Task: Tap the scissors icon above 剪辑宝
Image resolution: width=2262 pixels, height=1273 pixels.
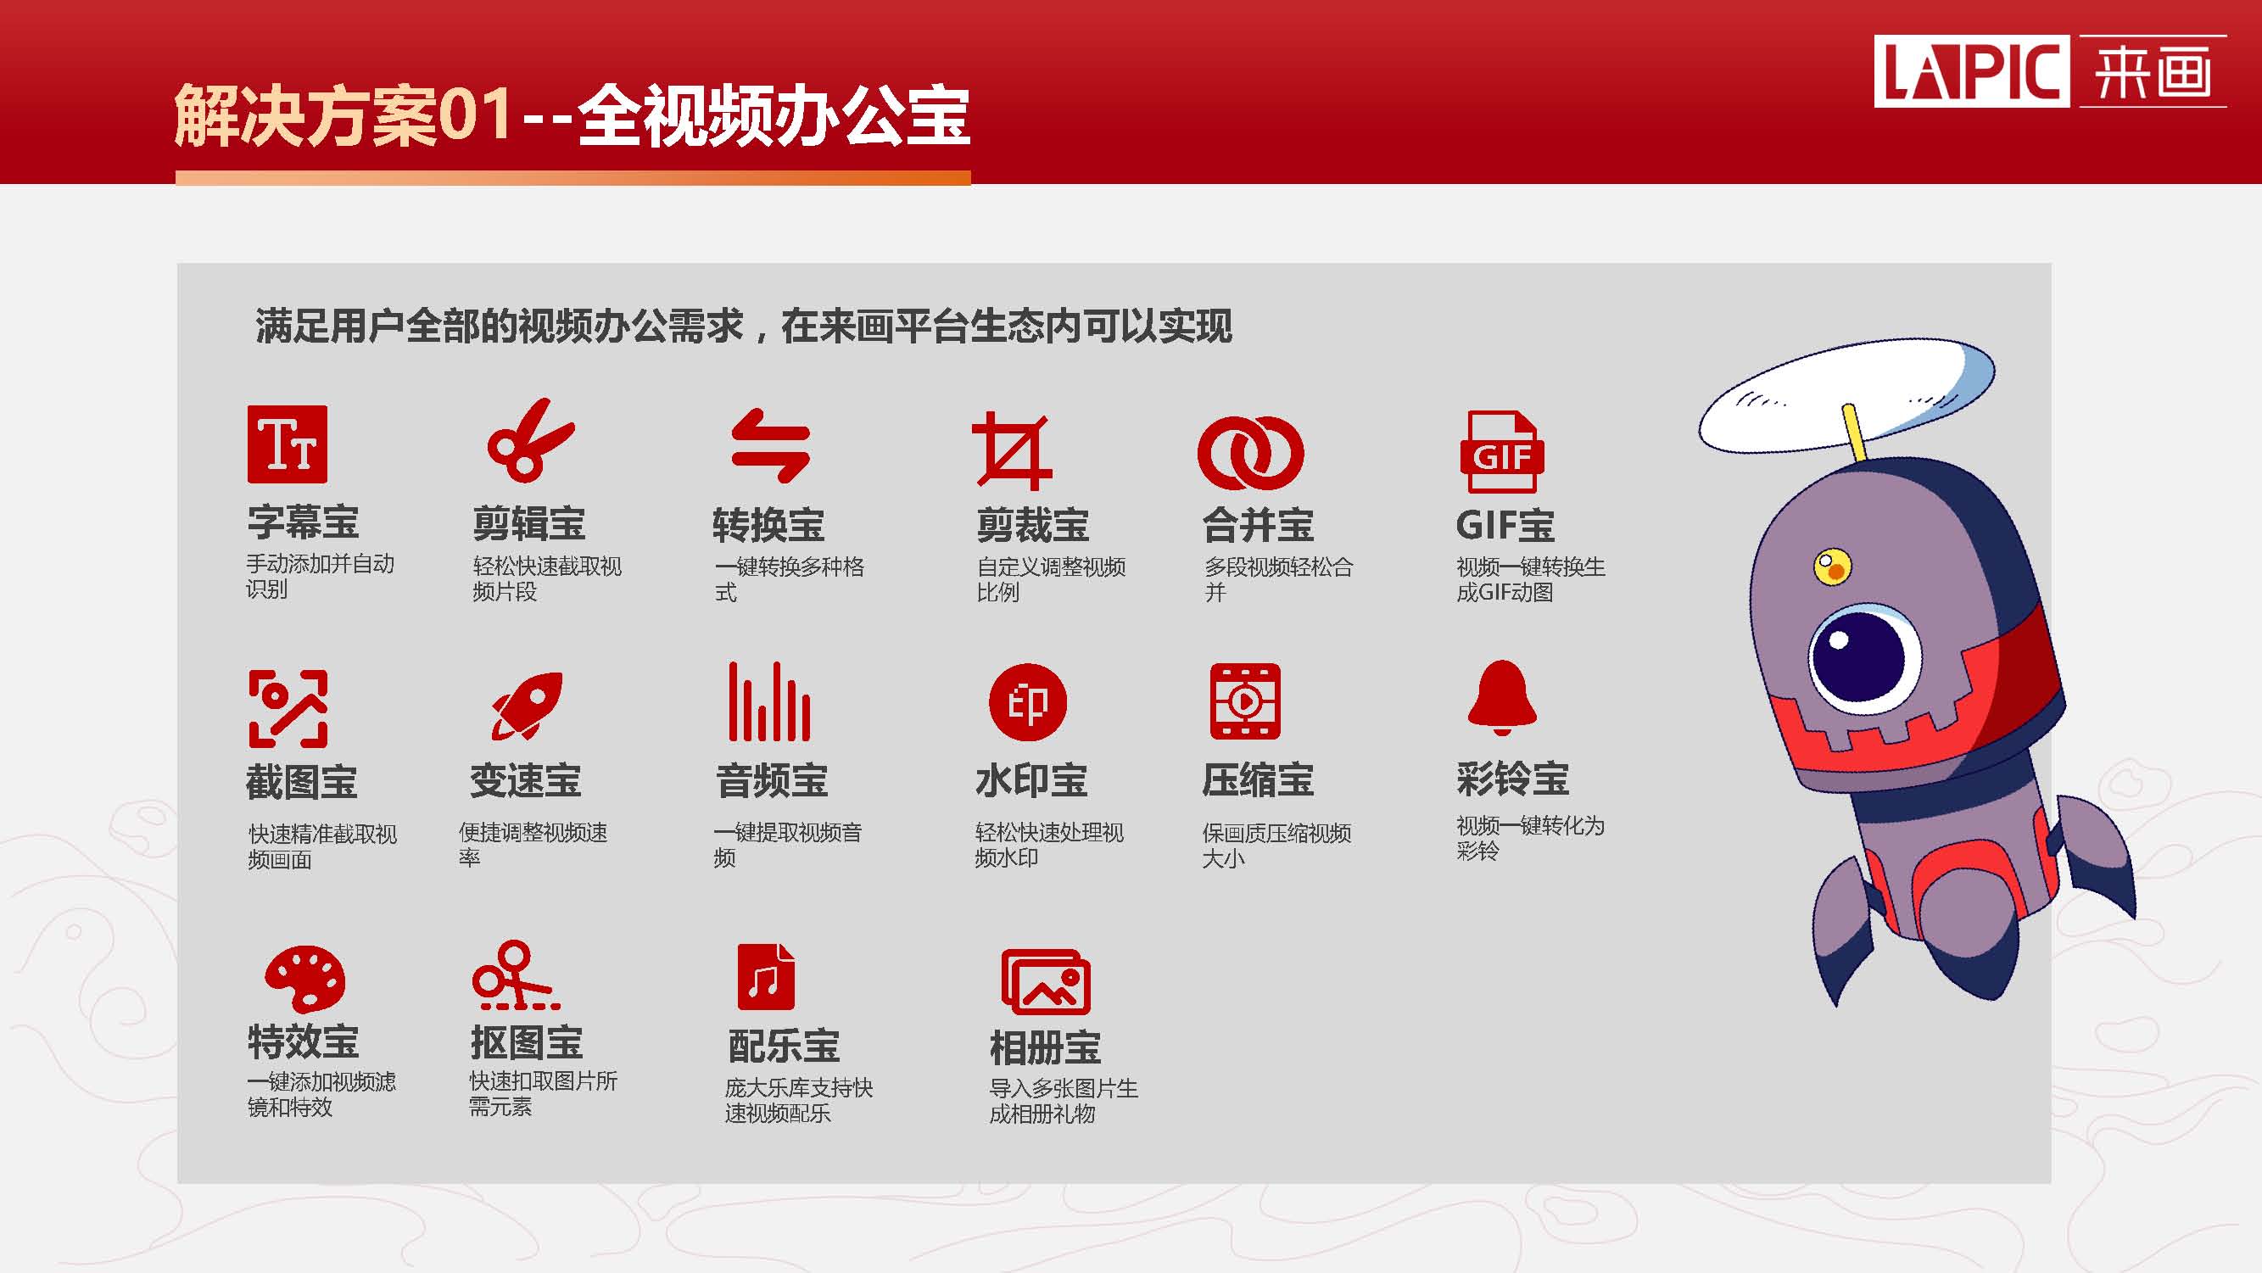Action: pos(530,440)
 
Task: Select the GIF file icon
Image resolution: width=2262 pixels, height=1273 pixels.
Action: pos(1501,452)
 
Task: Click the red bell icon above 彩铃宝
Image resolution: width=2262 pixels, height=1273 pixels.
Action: pos(1501,698)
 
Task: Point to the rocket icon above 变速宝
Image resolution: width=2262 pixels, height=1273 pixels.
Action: pos(527,706)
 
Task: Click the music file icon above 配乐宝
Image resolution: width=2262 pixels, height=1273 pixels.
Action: pos(766,976)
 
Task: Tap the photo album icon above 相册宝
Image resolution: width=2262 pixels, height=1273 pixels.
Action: pos(1046,981)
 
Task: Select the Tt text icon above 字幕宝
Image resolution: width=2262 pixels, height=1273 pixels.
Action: pos(288,444)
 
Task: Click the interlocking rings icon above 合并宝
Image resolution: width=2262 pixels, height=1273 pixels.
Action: pos(1250,453)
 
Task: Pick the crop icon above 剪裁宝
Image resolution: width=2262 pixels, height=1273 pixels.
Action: pos(1012,450)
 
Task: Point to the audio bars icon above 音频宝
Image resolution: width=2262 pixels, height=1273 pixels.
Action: pos(769,701)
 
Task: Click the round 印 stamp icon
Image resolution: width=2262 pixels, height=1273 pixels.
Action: pos(1027,702)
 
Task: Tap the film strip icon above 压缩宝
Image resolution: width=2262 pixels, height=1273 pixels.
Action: pos(1245,701)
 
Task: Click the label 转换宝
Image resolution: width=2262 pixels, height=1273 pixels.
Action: pos(768,525)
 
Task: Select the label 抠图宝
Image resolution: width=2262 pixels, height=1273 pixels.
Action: pos(527,1043)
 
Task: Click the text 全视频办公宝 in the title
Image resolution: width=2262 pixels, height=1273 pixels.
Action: pos(774,117)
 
